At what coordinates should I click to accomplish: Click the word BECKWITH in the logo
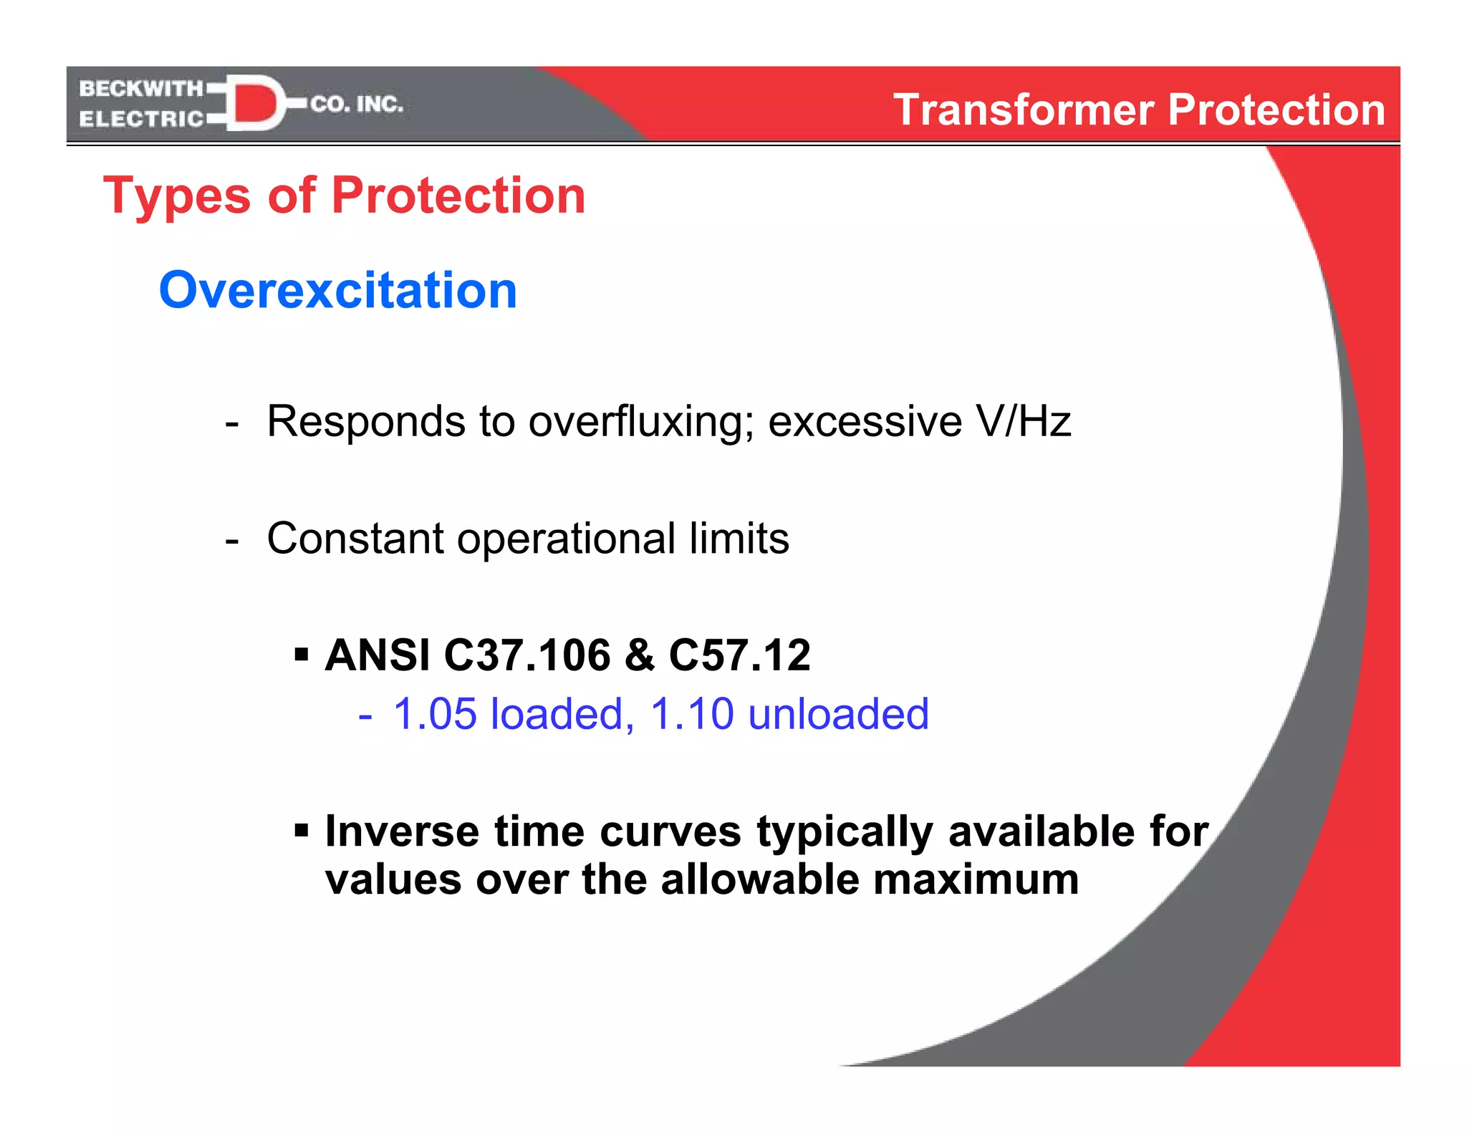141,89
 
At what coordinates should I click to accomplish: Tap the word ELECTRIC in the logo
141,119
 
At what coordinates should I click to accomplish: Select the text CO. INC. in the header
357,105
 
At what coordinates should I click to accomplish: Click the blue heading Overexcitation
337,290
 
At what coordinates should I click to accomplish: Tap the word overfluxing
641,421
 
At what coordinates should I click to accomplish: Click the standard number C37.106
527,655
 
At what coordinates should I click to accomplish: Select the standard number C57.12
739,655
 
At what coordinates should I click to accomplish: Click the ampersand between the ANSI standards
640,655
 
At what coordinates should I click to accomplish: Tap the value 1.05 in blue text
435,714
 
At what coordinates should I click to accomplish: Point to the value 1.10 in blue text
691,714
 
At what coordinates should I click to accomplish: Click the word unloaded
838,714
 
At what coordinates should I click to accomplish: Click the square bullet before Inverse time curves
302,831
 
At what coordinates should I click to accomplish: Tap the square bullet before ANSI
302,654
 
